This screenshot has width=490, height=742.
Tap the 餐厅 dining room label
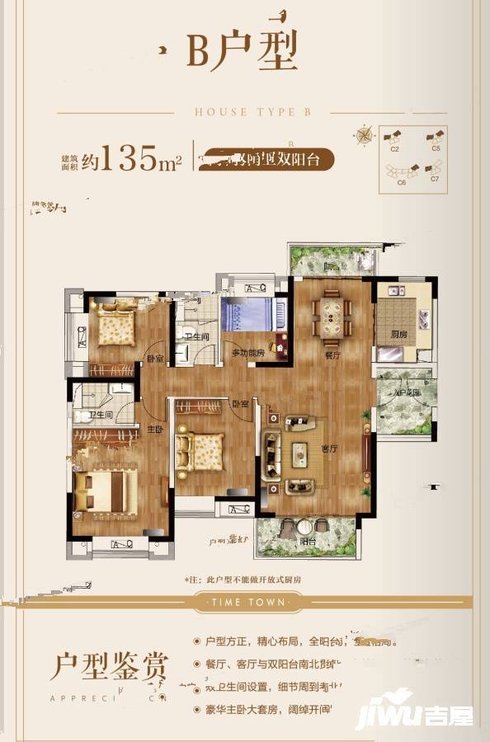tap(333, 356)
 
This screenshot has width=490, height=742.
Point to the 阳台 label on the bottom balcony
tap(307, 542)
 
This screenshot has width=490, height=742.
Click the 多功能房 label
tap(247, 352)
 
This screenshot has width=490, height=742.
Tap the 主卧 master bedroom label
tap(153, 429)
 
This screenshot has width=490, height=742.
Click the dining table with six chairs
tap(332, 317)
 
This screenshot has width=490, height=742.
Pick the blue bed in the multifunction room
tap(247, 315)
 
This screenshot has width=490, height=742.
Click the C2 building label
tap(394, 149)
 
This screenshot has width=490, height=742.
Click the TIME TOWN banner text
tap(244, 602)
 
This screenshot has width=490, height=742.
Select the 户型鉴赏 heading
tap(109, 665)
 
